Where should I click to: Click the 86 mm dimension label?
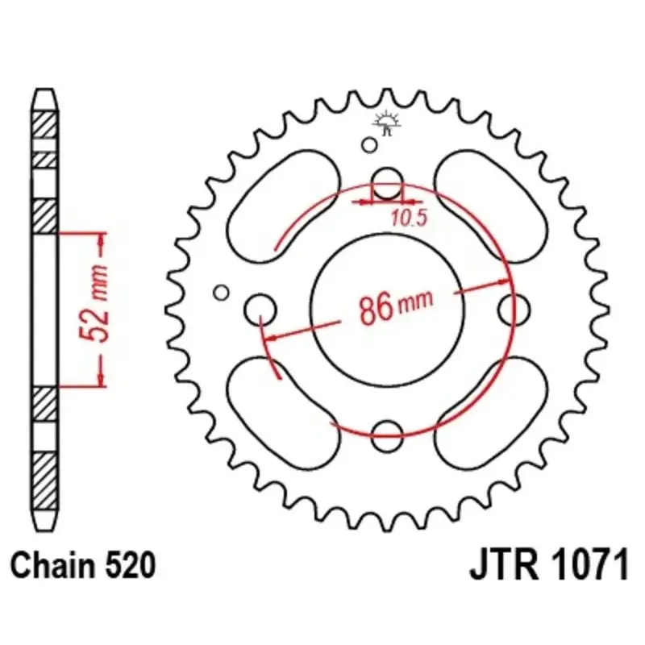(x=396, y=306)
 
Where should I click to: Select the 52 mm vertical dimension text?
(x=94, y=304)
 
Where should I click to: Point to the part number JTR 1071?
(x=549, y=565)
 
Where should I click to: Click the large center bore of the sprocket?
(x=388, y=310)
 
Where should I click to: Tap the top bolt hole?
(x=387, y=184)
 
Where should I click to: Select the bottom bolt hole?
(x=387, y=436)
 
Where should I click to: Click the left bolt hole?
(x=260, y=310)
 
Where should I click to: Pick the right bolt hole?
(x=514, y=310)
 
